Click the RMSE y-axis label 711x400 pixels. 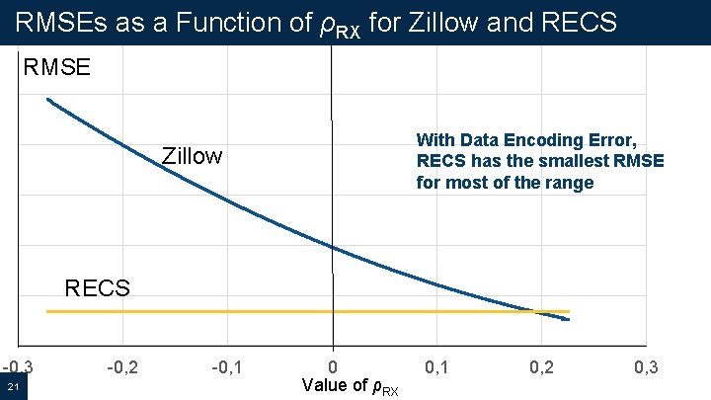pos(57,68)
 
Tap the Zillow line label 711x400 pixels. pos(192,156)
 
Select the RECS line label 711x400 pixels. pos(97,288)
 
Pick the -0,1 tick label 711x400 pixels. pos(227,367)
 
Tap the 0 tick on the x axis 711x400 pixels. pos(332,367)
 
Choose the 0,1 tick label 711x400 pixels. pos(436,367)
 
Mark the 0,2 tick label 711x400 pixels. pos(541,367)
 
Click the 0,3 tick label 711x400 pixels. pos(646,367)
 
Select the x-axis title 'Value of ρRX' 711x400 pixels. pos(351,386)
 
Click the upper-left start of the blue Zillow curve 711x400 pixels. pos(47,99)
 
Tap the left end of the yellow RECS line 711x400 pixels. pos(47,312)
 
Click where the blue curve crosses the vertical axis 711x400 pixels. pos(332,247)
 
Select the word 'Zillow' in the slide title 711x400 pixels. pos(438,21)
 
